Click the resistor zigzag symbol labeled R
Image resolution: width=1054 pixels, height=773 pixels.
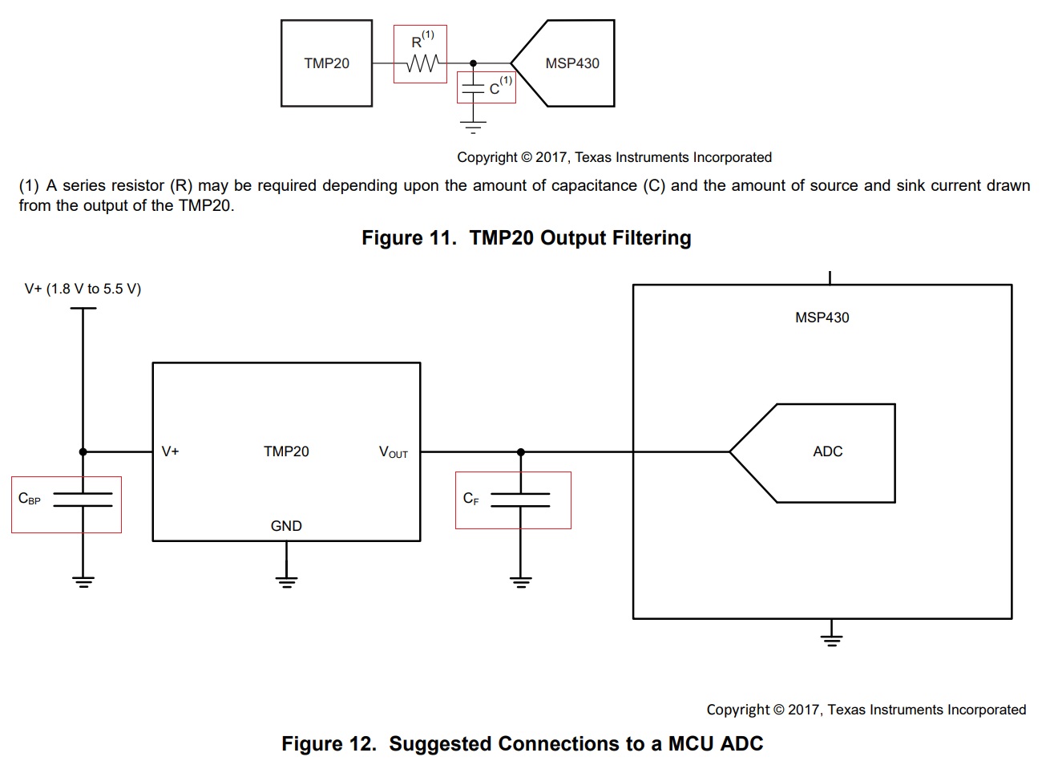point(423,63)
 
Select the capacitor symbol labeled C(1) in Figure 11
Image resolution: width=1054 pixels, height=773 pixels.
point(473,88)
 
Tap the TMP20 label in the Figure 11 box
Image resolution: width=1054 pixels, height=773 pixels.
point(326,63)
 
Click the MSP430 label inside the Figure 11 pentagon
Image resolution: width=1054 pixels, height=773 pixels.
point(572,63)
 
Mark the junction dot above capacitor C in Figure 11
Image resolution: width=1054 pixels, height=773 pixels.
point(473,63)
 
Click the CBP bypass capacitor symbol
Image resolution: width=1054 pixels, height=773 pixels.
point(83,500)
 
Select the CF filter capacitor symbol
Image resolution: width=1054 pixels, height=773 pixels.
point(520,500)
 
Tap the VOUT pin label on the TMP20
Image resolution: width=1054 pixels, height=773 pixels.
point(394,452)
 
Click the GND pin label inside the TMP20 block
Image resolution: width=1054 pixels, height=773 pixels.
point(286,526)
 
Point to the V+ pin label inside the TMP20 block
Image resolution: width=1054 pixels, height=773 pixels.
point(170,451)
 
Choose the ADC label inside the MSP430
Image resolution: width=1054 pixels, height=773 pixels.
point(828,451)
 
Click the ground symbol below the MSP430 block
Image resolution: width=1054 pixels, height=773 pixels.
point(831,640)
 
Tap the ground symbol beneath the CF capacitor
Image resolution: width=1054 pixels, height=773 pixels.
point(520,582)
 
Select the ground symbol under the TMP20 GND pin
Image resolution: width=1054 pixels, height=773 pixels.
point(287,582)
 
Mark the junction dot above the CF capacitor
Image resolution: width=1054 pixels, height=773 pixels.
point(520,452)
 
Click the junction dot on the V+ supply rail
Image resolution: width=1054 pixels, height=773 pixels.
point(83,452)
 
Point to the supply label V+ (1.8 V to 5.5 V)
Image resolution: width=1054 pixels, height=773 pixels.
point(83,289)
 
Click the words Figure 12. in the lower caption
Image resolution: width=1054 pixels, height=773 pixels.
point(329,743)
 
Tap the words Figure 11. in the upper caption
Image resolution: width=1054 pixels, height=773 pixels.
point(410,237)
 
